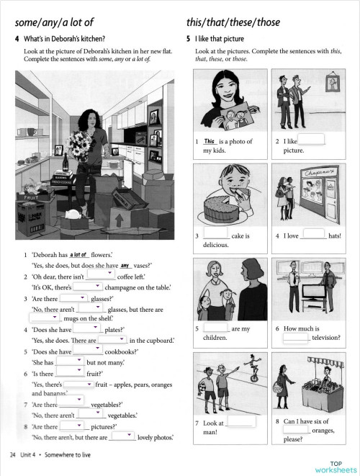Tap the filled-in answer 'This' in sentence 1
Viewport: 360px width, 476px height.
(x=210, y=141)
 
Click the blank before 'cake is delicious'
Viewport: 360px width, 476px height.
(x=216, y=234)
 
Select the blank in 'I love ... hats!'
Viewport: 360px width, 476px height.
(x=313, y=234)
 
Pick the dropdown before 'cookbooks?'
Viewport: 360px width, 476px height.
(x=88, y=351)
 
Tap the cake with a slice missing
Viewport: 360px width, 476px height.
(x=225, y=207)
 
